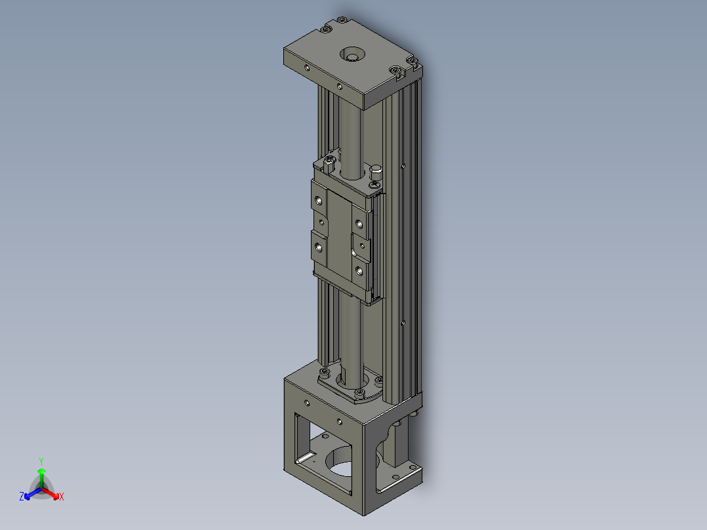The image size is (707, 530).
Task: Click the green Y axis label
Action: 41,461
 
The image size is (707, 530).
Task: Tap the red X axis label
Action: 62,497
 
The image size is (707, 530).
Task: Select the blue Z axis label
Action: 22,496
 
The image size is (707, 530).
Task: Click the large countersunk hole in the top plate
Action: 352,54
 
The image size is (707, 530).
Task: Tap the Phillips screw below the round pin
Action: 374,185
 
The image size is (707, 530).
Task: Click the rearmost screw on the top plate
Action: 342,20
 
